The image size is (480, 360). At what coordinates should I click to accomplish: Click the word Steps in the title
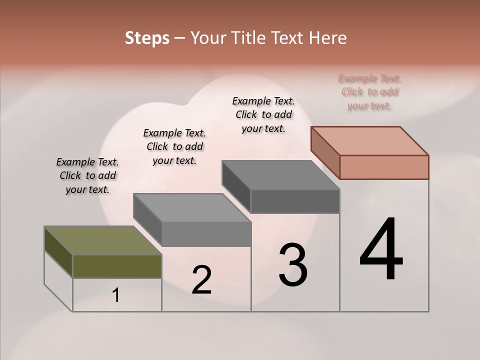pos(147,38)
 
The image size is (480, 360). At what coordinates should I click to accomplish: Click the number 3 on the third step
pos(293,265)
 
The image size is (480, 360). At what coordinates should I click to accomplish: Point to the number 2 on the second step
pos(201,280)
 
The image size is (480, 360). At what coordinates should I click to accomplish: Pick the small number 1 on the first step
pos(116,295)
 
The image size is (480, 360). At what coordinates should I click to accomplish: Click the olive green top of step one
pos(102,240)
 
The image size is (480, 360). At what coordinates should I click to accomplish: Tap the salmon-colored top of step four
pos(370,141)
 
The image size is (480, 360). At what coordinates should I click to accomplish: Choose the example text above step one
pos(87,175)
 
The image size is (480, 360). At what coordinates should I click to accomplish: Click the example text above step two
pos(174,146)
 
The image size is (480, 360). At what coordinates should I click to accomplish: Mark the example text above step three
pos(263,114)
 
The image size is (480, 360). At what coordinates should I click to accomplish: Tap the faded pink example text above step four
pos(369,92)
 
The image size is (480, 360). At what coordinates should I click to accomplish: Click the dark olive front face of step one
pos(117,266)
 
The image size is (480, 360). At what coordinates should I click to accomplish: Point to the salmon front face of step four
pos(384,167)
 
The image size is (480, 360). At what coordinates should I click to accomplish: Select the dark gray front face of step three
pos(295,201)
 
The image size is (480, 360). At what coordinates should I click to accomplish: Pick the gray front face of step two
pos(206,233)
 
